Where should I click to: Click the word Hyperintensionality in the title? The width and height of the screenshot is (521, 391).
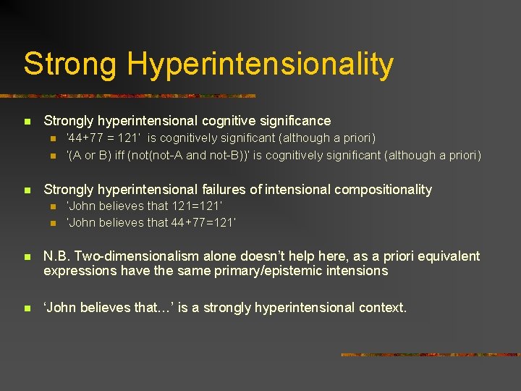(x=260, y=64)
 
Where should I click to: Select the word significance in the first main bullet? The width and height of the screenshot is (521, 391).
(x=295, y=121)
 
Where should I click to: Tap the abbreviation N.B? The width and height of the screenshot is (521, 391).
(x=56, y=256)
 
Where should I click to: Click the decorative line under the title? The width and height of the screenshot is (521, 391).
(x=130, y=96)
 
